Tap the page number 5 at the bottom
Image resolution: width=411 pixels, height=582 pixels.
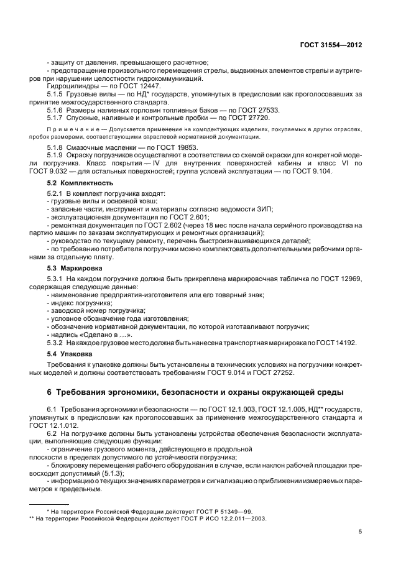[x=360, y=531]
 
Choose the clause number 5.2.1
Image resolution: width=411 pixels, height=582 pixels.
[x=57, y=195]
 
